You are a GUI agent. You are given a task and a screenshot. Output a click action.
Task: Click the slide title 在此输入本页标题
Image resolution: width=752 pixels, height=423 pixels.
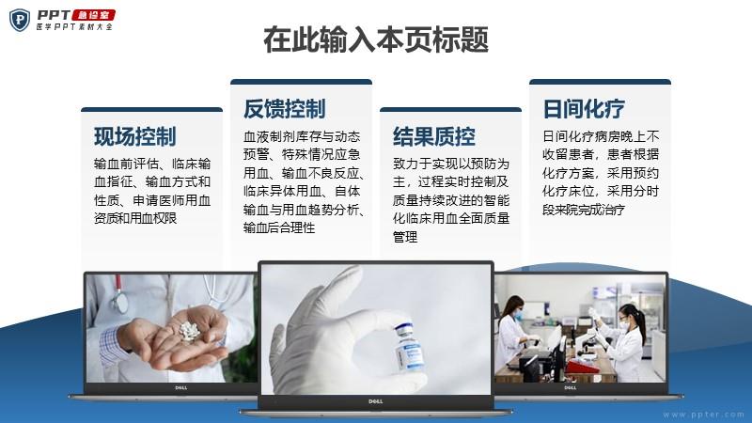(x=376, y=39)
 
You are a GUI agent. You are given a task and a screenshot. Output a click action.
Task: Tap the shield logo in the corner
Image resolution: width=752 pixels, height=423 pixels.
(x=20, y=20)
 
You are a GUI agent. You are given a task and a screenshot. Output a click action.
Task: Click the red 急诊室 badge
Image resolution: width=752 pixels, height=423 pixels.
(x=93, y=15)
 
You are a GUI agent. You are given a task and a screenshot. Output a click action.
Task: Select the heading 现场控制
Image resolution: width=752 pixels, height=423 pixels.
(x=134, y=136)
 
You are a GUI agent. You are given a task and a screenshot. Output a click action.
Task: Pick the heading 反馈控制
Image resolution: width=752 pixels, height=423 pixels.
(x=285, y=108)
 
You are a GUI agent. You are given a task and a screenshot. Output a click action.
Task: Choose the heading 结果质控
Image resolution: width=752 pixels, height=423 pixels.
(x=434, y=136)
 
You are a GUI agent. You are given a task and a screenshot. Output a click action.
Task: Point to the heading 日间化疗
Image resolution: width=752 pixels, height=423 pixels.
(x=584, y=108)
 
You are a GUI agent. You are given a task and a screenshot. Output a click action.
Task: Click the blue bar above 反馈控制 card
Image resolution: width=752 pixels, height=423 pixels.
(x=301, y=82)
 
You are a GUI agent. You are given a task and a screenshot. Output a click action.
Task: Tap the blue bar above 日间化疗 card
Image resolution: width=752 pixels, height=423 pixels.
(x=600, y=82)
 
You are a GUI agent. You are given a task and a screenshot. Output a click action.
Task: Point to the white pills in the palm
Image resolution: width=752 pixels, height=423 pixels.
(x=189, y=331)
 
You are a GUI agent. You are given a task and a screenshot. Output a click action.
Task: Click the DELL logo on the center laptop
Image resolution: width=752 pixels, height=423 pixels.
(x=375, y=401)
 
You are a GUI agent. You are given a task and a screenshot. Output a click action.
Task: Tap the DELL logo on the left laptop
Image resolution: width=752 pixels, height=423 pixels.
(x=181, y=388)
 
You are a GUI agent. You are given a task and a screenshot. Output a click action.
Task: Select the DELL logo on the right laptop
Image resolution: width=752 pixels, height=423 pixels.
(x=571, y=388)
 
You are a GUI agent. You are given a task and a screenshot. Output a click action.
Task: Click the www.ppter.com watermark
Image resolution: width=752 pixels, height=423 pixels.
(x=703, y=415)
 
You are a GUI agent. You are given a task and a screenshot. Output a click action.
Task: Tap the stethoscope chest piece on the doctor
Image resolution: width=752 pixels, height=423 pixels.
(x=120, y=301)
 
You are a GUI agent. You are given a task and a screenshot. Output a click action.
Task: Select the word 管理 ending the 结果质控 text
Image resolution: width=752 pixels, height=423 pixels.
(x=405, y=237)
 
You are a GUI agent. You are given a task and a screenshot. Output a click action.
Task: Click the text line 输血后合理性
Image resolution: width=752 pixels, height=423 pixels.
(x=279, y=227)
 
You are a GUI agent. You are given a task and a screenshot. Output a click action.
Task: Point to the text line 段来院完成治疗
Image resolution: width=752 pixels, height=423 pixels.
(x=584, y=210)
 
